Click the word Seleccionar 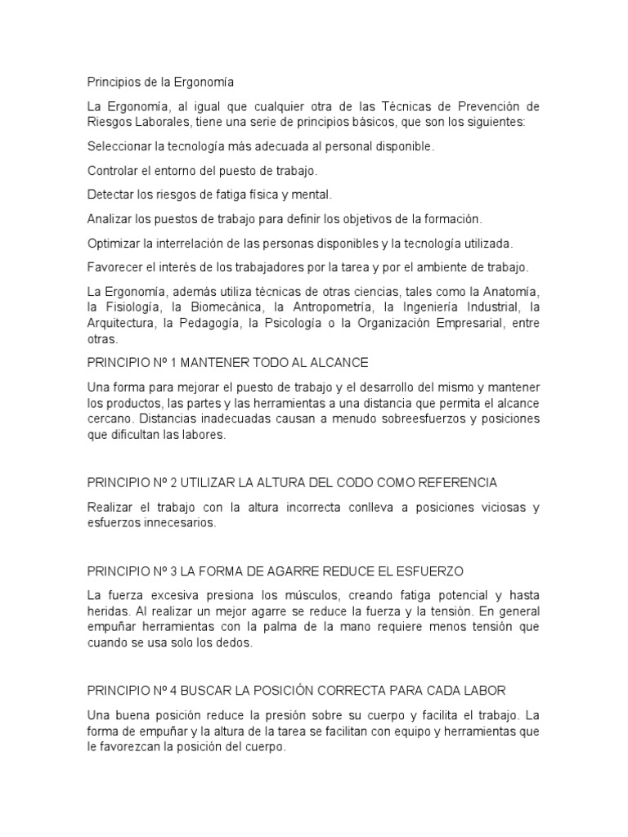119,147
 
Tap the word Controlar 114,171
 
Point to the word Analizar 110,219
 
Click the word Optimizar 113,244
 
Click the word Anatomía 511,292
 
